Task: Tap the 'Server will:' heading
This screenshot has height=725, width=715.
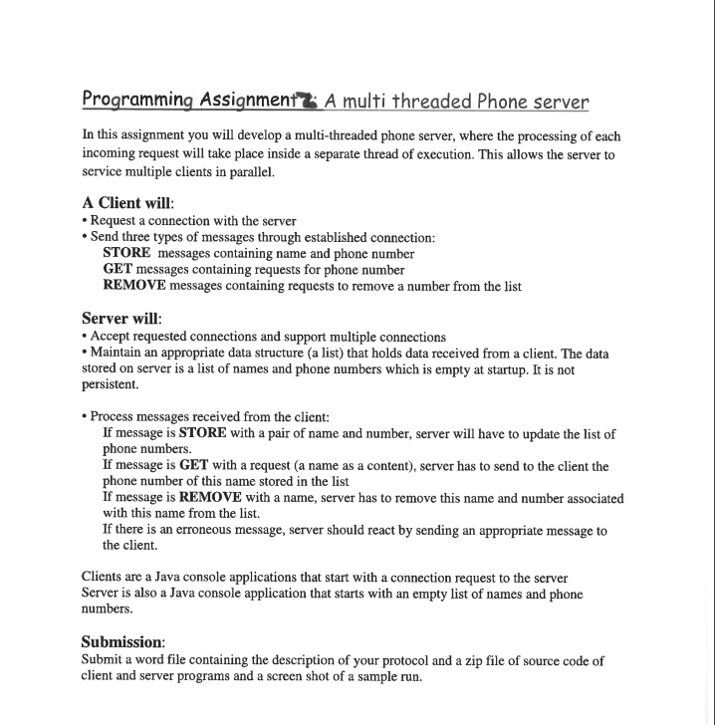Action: (120, 319)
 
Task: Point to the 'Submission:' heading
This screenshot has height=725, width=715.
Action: (122, 642)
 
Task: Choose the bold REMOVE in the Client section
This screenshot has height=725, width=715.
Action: (134, 286)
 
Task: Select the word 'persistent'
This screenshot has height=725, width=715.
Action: (109, 385)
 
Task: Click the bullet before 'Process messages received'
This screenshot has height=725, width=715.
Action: (84, 417)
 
